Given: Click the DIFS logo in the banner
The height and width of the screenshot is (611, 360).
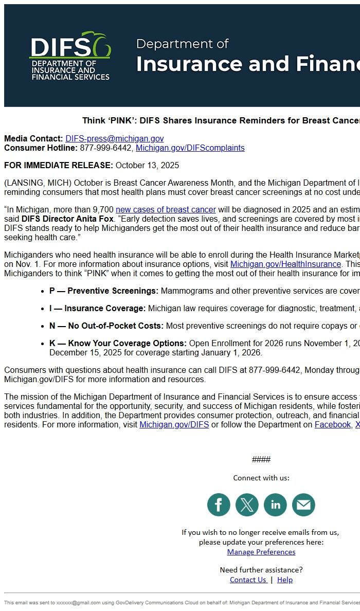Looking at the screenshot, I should [x=69, y=56].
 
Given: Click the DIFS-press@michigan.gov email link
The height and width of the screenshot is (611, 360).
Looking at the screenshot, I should [x=114, y=139].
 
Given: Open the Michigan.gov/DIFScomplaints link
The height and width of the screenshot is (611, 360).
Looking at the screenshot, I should [x=190, y=148].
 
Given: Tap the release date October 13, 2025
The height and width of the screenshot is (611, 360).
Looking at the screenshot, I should [x=147, y=166].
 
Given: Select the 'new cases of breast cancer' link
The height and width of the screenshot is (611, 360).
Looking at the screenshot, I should [x=166, y=210].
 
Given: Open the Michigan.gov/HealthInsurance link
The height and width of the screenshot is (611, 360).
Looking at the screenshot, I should [x=285, y=264].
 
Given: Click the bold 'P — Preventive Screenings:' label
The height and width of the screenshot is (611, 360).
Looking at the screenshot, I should [x=104, y=291].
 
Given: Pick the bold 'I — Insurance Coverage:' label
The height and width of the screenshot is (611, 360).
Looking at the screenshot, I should [x=98, y=309].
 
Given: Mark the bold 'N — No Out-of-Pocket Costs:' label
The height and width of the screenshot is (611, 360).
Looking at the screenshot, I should [x=106, y=326].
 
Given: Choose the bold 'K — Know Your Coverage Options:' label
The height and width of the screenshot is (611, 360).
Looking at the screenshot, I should [x=118, y=344].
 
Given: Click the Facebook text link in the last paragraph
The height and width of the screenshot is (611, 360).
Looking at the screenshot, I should [x=332, y=425].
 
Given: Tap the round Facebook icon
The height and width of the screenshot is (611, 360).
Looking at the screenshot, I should [x=219, y=505].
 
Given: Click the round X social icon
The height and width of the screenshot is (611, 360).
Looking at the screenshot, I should [x=247, y=505].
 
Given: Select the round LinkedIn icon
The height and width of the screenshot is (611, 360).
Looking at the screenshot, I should [x=275, y=505].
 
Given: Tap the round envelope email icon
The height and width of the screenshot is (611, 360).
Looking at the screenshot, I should [x=303, y=505].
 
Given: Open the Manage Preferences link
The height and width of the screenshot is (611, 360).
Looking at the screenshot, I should [x=261, y=552].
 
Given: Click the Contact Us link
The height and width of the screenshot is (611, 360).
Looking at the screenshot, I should [x=248, y=580].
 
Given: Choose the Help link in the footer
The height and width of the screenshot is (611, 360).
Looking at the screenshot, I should [x=285, y=580].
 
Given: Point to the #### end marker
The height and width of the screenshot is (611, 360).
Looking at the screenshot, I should [x=261, y=460].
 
